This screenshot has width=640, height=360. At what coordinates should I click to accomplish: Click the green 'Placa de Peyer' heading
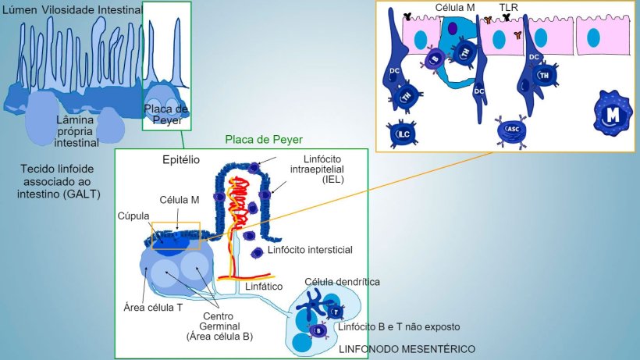pyautogui.click(x=258, y=140)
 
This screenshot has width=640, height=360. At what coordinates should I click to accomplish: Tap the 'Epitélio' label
pyautogui.click(x=180, y=159)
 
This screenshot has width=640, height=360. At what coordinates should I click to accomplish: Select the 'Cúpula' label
pyautogui.click(x=134, y=216)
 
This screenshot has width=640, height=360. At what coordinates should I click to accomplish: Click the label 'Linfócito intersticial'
pyautogui.click(x=310, y=250)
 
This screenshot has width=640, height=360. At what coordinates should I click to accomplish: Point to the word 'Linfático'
pyautogui.click(x=263, y=287)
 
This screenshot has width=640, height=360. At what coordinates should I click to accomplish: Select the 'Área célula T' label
pyautogui.click(x=153, y=307)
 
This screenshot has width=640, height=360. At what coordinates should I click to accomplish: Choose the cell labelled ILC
pyautogui.click(x=404, y=134)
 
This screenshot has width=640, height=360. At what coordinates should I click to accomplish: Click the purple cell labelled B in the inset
pyautogui.click(x=436, y=59)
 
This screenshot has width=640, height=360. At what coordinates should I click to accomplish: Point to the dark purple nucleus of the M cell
pyautogui.click(x=453, y=28)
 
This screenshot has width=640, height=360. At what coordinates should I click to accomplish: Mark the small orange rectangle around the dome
pyautogui.click(x=176, y=236)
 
